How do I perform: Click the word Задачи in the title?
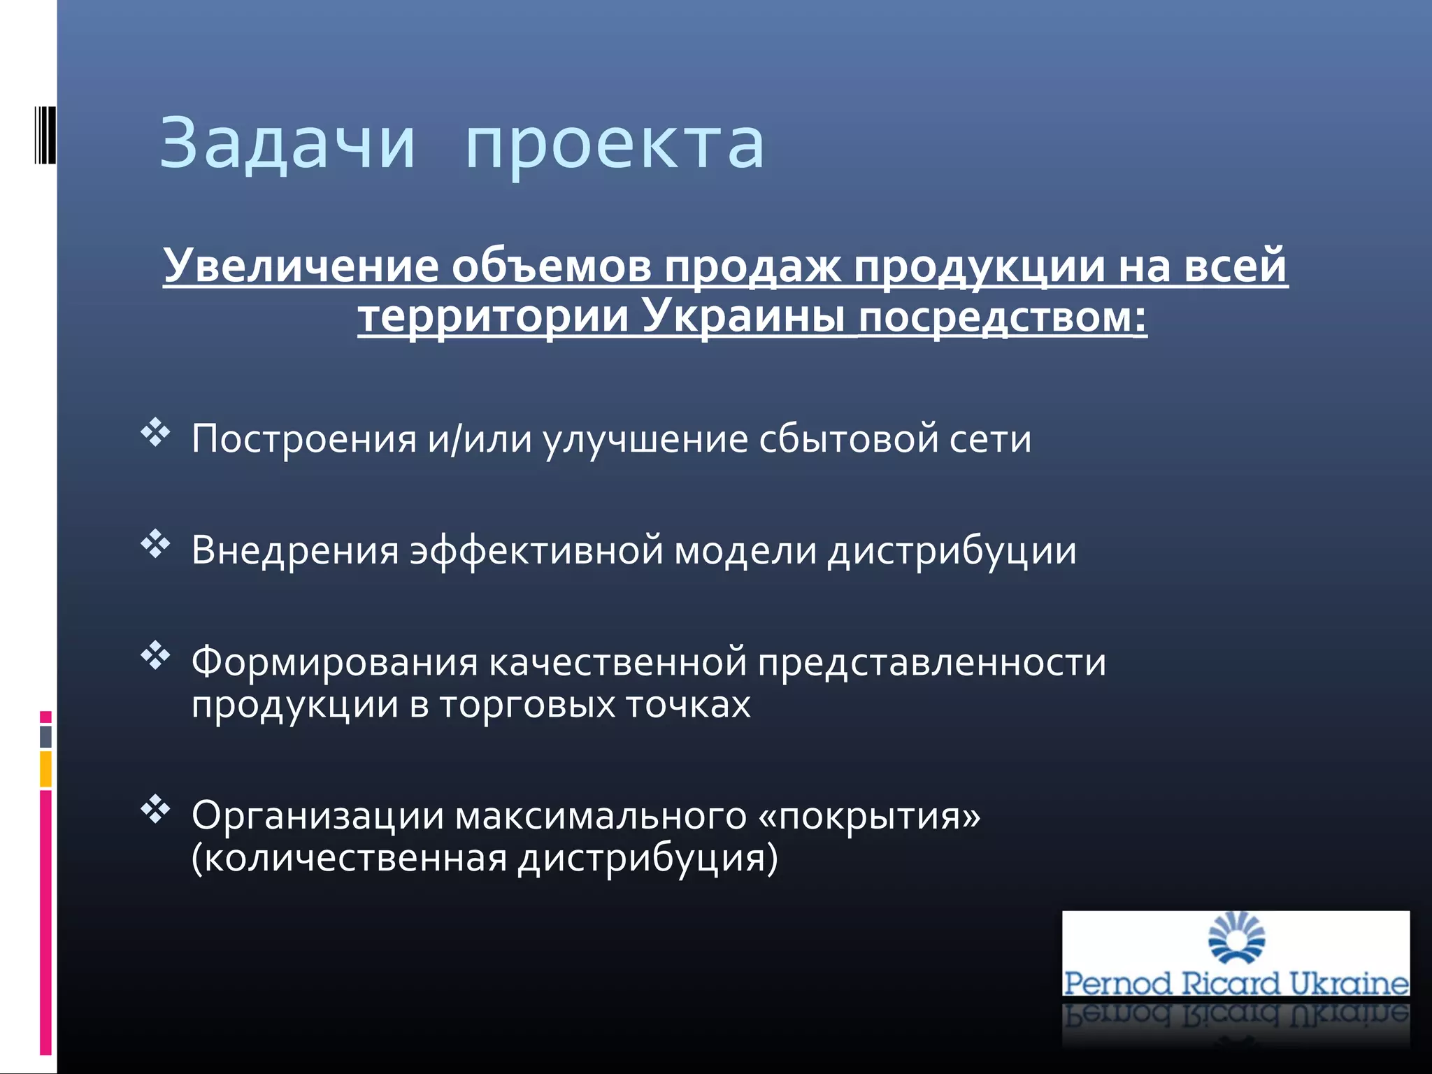point(287,143)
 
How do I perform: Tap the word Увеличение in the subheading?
point(301,266)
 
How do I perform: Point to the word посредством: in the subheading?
point(1002,316)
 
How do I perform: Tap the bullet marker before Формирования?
point(155,655)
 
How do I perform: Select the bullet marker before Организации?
point(155,809)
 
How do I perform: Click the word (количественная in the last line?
point(349,858)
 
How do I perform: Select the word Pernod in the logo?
point(1117,984)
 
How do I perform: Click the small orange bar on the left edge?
point(45,768)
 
